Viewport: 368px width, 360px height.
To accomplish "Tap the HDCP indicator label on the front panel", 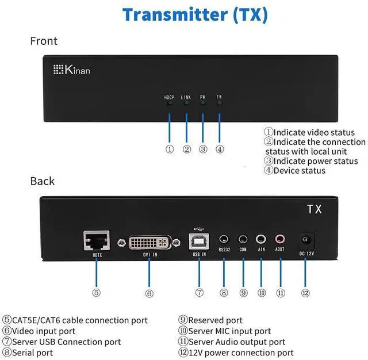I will click(x=169, y=98).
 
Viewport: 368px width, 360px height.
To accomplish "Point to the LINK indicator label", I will click(x=186, y=98).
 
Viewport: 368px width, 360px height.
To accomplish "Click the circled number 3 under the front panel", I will click(x=202, y=150).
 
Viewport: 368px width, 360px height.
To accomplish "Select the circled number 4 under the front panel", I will click(x=220, y=150).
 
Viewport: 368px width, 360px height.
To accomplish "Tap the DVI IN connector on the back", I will click(x=148, y=241).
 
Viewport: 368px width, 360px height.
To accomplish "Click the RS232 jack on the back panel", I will click(x=224, y=239).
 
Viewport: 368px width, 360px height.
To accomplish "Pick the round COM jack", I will click(x=243, y=239).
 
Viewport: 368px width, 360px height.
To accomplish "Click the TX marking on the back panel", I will click(x=315, y=209).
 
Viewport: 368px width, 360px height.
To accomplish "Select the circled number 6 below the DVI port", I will click(x=149, y=293).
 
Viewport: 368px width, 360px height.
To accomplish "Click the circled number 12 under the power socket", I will click(x=305, y=293).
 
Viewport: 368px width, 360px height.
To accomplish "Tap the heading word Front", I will click(x=44, y=41).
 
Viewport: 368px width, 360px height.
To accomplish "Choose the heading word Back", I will click(x=43, y=181).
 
